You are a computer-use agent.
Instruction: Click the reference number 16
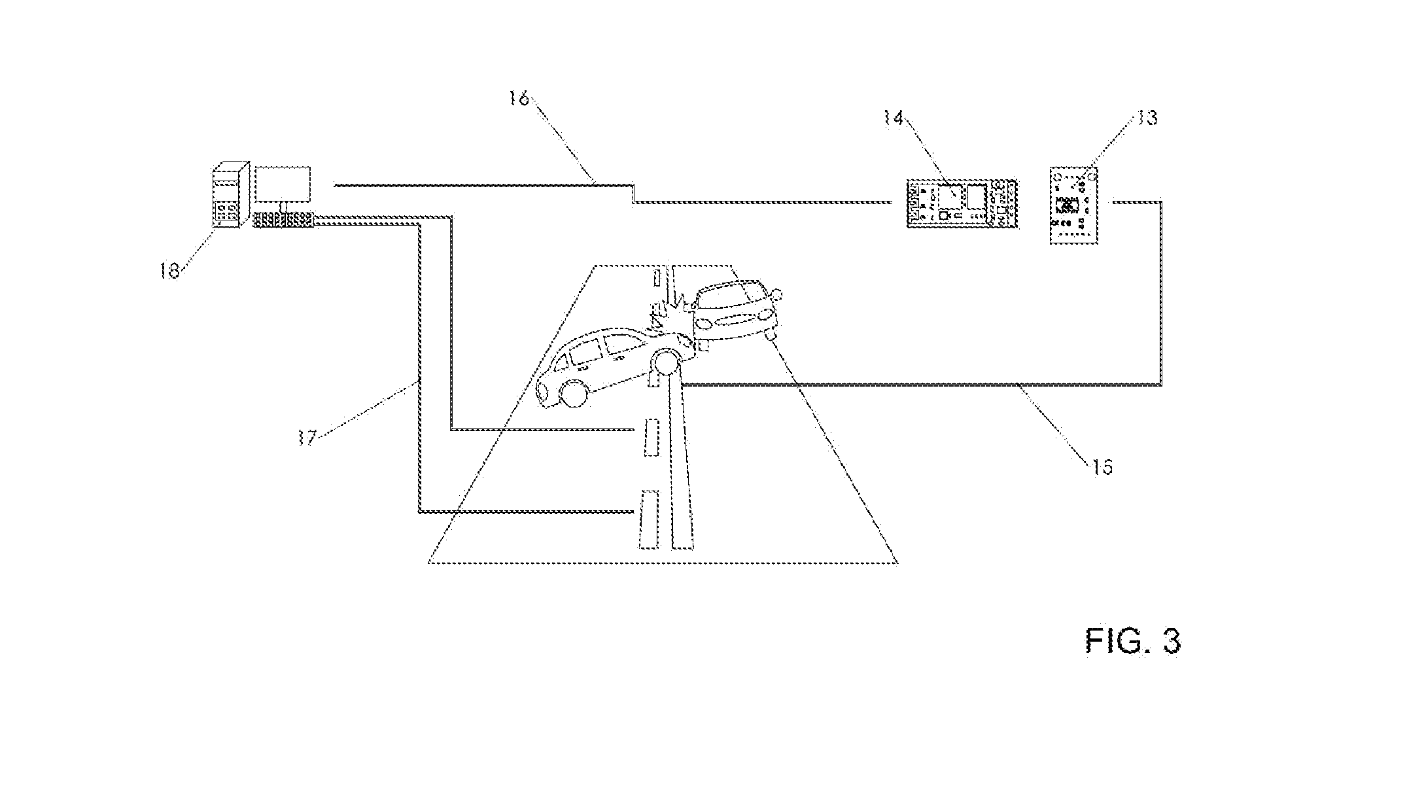[x=521, y=99]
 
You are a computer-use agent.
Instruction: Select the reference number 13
[x=1148, y=118]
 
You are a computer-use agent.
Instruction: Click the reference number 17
[x=307, y=437]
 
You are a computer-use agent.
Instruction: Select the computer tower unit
[x=231, y=195]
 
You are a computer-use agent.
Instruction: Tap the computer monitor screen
[x=283, y=184]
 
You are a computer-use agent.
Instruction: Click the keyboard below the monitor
[x=284, y=220]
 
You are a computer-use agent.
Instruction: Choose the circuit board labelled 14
[x=963, y=203]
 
